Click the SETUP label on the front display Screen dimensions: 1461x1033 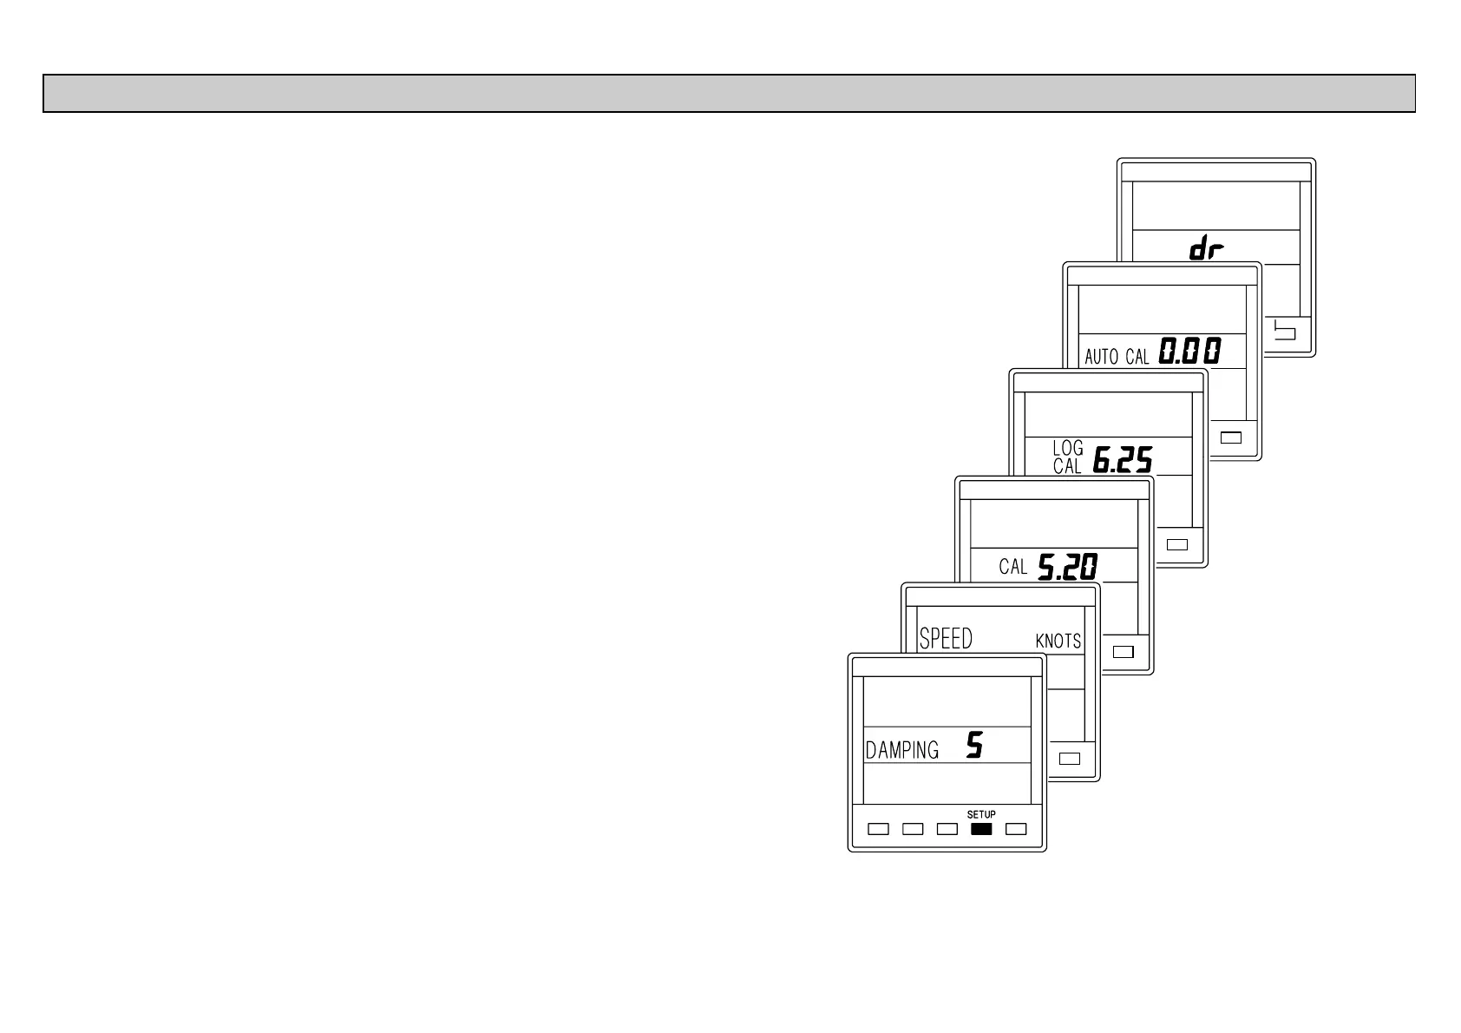981,814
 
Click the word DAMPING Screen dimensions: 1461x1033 902,750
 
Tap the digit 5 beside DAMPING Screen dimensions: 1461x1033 975,746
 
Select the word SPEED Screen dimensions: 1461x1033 946,639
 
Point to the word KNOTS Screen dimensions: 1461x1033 1058,642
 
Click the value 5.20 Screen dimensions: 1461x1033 1068,567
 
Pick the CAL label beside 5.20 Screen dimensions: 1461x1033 1012,568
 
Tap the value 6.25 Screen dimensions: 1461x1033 1122,459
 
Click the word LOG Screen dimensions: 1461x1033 1068,448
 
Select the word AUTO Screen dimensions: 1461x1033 1102,357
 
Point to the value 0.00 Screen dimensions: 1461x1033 1190,352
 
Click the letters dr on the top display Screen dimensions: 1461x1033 1206,250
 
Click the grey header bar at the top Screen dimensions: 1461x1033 729,94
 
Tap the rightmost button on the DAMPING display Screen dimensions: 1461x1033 1016,829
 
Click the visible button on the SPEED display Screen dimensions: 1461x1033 1070,758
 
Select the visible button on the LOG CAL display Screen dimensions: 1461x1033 1177,544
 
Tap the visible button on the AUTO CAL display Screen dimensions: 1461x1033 1231,437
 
